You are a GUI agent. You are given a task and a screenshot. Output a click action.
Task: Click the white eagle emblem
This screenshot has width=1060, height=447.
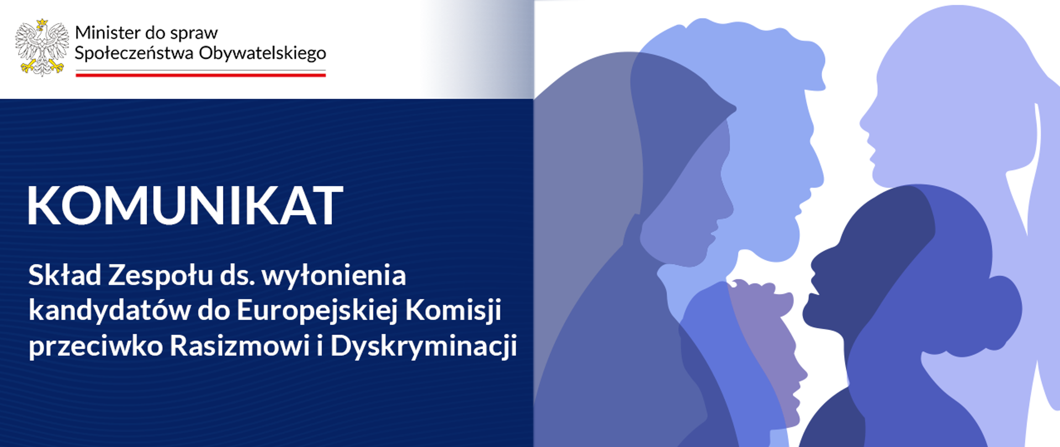coord(42,49)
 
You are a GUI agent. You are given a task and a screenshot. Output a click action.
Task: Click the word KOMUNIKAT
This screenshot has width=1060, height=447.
coord(185,205)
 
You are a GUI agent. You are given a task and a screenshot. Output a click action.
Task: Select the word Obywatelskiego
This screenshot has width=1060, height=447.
coord(262,54)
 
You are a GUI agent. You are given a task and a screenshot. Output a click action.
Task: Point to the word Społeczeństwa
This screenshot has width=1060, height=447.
coord(134,54)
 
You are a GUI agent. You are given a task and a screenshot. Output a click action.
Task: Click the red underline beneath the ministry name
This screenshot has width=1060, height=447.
coord(200,74)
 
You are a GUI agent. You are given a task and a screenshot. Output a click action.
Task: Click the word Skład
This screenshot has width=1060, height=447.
coord(65,275)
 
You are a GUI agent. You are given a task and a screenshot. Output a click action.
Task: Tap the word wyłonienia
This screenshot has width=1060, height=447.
coord(333,275)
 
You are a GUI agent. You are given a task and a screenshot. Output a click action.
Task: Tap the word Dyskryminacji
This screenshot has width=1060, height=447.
coord(423,347)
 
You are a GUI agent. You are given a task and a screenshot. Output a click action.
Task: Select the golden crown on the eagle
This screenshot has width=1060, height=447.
coord(42,24)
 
